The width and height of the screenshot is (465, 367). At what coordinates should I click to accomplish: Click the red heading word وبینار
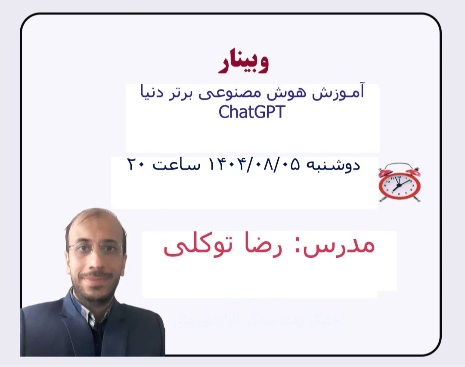point(244,62)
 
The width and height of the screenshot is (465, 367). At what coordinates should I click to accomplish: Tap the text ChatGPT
point(251,112)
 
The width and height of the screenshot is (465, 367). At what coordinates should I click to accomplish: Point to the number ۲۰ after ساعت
point(138,166)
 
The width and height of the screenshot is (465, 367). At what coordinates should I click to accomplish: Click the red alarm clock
point(399,182)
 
